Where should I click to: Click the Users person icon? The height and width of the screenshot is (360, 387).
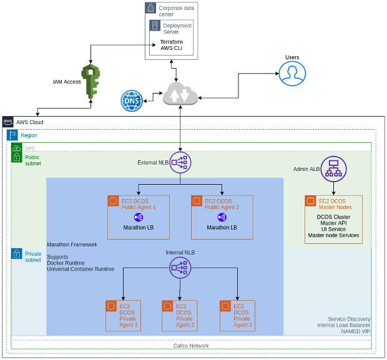292,74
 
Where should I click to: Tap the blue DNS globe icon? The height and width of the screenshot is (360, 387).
132,100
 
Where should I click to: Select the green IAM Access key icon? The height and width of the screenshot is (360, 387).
91,81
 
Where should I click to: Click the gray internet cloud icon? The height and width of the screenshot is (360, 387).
180,94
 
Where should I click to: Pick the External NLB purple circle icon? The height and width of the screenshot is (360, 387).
180,162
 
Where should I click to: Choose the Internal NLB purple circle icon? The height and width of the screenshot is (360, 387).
180,268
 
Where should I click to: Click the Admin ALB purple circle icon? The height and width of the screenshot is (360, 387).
333,168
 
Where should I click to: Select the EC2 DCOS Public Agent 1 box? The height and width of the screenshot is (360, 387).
139,217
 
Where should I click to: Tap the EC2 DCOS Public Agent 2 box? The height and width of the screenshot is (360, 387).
222,217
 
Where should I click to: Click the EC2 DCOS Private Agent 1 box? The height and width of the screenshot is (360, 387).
123,315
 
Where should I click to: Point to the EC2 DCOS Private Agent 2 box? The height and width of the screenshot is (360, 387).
180,315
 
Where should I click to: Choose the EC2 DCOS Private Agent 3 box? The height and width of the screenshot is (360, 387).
237,315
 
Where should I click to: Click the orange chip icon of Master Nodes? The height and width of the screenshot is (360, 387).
311,202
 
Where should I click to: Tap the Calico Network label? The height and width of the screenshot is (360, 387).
191,345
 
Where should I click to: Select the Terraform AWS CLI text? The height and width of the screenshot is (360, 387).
172,46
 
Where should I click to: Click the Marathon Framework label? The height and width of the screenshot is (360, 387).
72,245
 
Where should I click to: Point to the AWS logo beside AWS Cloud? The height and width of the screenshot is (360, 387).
7,122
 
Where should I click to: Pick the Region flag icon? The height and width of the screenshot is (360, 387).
12,135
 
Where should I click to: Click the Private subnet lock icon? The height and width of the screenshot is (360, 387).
17,254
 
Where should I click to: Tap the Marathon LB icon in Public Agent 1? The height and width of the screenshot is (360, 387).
138,217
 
